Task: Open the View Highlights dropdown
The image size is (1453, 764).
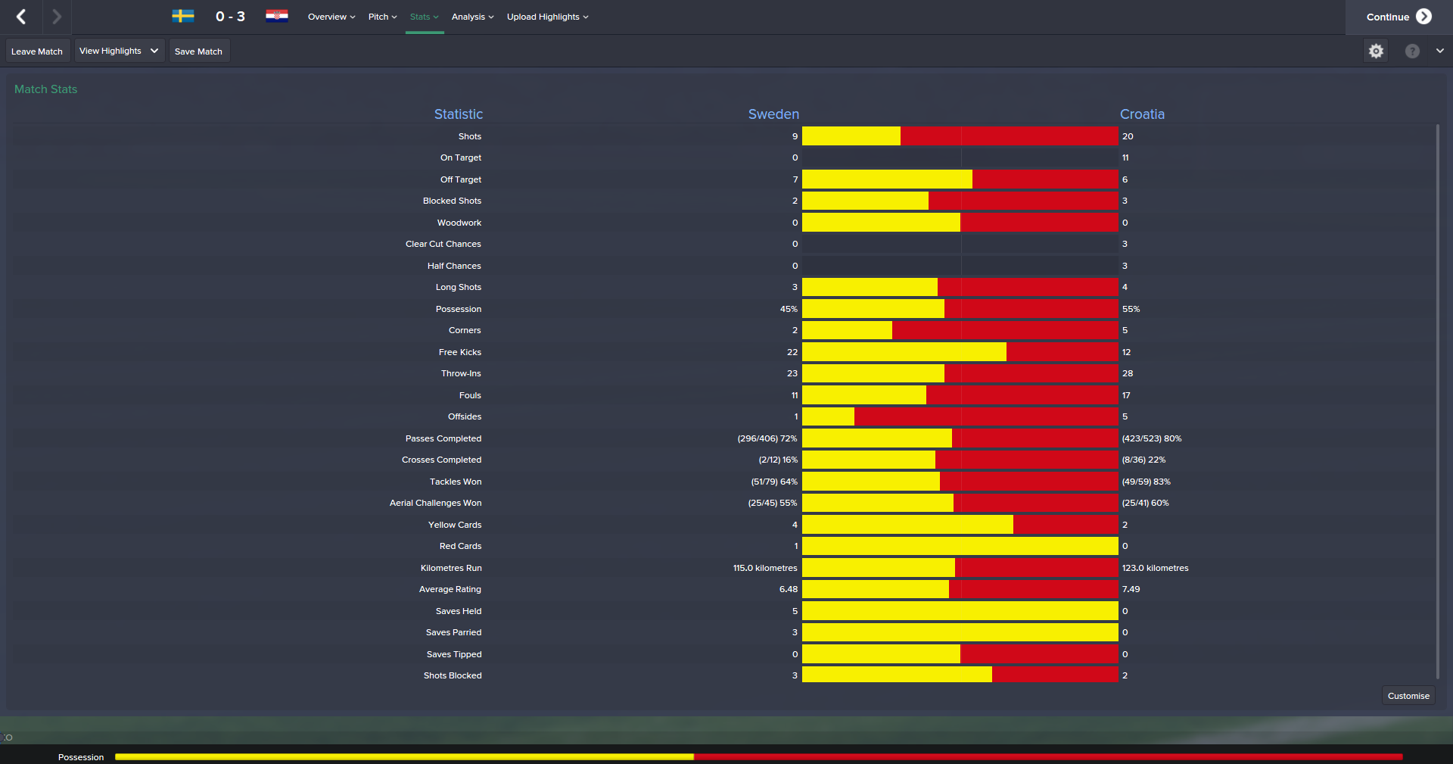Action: [x=119, y=51]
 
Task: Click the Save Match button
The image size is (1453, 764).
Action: [x=198, y=51]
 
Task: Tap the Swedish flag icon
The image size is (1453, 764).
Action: [x=183, y=16]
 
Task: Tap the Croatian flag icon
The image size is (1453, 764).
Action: [x=277, y=16]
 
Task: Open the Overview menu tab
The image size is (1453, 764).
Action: [x=331, y=17]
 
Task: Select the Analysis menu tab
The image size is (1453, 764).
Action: [x=472, y=17]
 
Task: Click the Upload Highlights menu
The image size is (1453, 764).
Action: [x=547, y=17]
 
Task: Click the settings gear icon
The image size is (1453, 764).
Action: [x=1376, y=51]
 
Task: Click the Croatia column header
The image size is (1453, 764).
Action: [x=1142, y=114]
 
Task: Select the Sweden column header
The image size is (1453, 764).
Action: [x=773, y=114]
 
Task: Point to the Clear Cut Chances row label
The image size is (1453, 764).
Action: [x=443, y=244]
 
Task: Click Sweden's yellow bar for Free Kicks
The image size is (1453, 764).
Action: [x=904, y=352]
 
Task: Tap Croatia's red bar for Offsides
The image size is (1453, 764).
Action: [x=985, y=416]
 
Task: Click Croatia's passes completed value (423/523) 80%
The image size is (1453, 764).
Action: [x=1151, y=438]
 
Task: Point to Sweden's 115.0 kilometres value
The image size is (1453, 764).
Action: [x=765, y=568]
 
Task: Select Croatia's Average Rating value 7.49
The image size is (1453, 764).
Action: [x=1131, y=589]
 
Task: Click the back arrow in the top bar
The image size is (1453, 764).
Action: [x=21, y=17]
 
